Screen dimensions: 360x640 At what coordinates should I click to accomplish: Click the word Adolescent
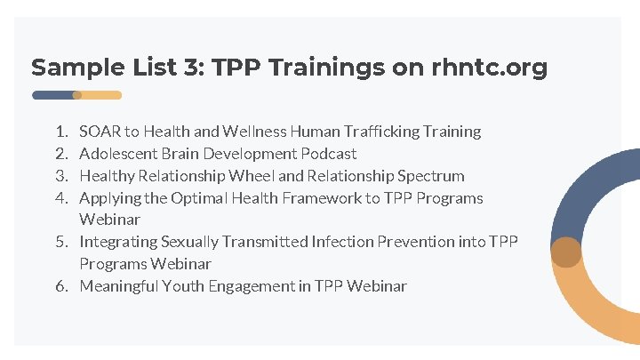pyautogui.click(x=117, y=154)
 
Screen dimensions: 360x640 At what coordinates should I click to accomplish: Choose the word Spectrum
pyautogui.click(x=431, y=176)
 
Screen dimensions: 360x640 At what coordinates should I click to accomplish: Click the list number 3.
pyautogui.click(x=60, y=176)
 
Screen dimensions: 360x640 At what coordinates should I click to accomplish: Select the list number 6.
pyautogui.click(x=60, y=286)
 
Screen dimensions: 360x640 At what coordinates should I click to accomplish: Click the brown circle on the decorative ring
pyautogui.click(x=565, y=252)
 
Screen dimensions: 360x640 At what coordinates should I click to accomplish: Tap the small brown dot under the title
pyautogui.click(x=77, y=95)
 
